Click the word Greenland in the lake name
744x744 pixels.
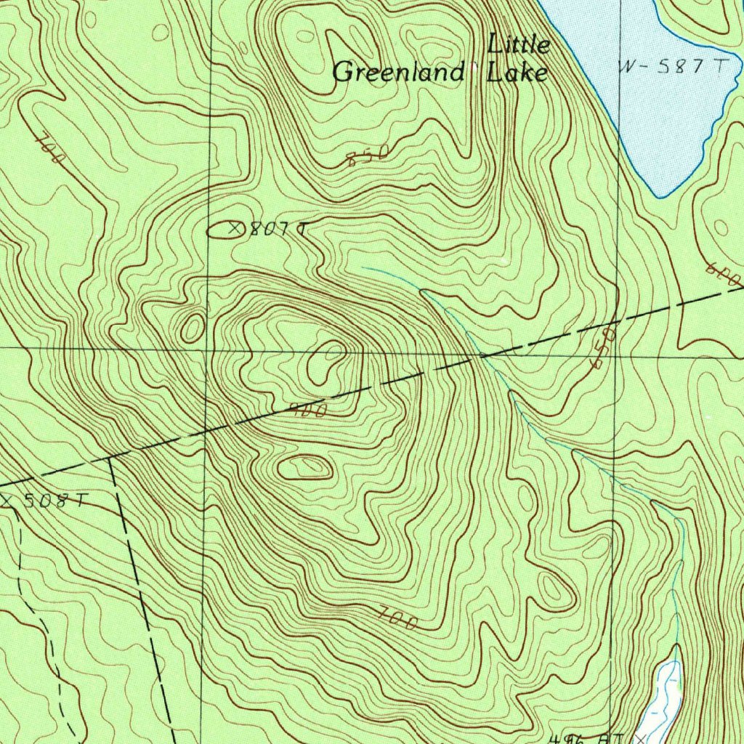tap(397, 73)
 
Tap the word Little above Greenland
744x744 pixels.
tap(519, 45)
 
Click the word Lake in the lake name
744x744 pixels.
tap(517, 73)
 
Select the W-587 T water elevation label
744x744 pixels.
tap(672, 67)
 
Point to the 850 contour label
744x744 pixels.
tap(368, 155)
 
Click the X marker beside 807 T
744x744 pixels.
tap(235, 228)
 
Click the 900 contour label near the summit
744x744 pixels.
tap(309, 410)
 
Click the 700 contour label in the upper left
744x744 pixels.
tap(50, 149)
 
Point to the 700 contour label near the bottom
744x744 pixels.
tap(398, 619)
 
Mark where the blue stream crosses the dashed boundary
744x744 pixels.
tap(481, 356)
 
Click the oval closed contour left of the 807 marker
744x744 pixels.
tap(218, 230)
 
